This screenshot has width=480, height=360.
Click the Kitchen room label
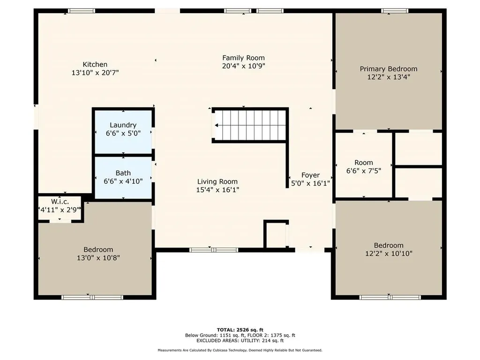coord(95,64)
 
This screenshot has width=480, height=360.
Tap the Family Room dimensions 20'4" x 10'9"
coord(243,66)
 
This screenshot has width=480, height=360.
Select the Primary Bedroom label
coord(388,69)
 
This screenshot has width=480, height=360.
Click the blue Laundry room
coord(123,131)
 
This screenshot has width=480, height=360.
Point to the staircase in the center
coord(250,125)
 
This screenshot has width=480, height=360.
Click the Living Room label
coord(217,181)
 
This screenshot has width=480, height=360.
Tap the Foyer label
coord(310,175)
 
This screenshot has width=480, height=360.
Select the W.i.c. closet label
coord(60,202)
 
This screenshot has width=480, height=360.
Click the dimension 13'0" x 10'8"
coord(98,258)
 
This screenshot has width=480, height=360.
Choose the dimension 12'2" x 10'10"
coord(389,254)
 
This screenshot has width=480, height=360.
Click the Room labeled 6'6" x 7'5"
coord(364,166)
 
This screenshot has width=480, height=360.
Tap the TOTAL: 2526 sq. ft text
coord(240,330)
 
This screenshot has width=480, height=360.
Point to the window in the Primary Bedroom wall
coord(394,11)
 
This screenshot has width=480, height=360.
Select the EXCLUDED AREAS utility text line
coord(240,342)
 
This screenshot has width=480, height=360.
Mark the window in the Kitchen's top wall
coord(82,11)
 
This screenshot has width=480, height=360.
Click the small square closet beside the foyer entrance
coord(275,235)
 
